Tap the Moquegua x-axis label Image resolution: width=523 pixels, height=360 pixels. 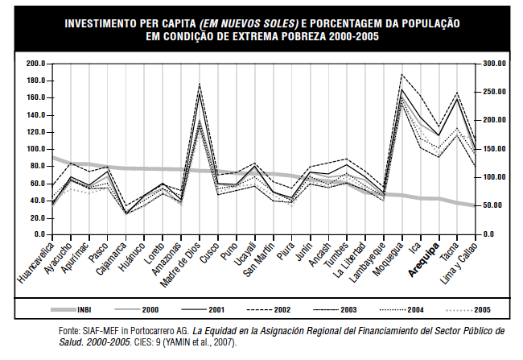coord(387,257)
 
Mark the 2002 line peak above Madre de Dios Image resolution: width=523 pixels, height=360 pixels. coord(199,84)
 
